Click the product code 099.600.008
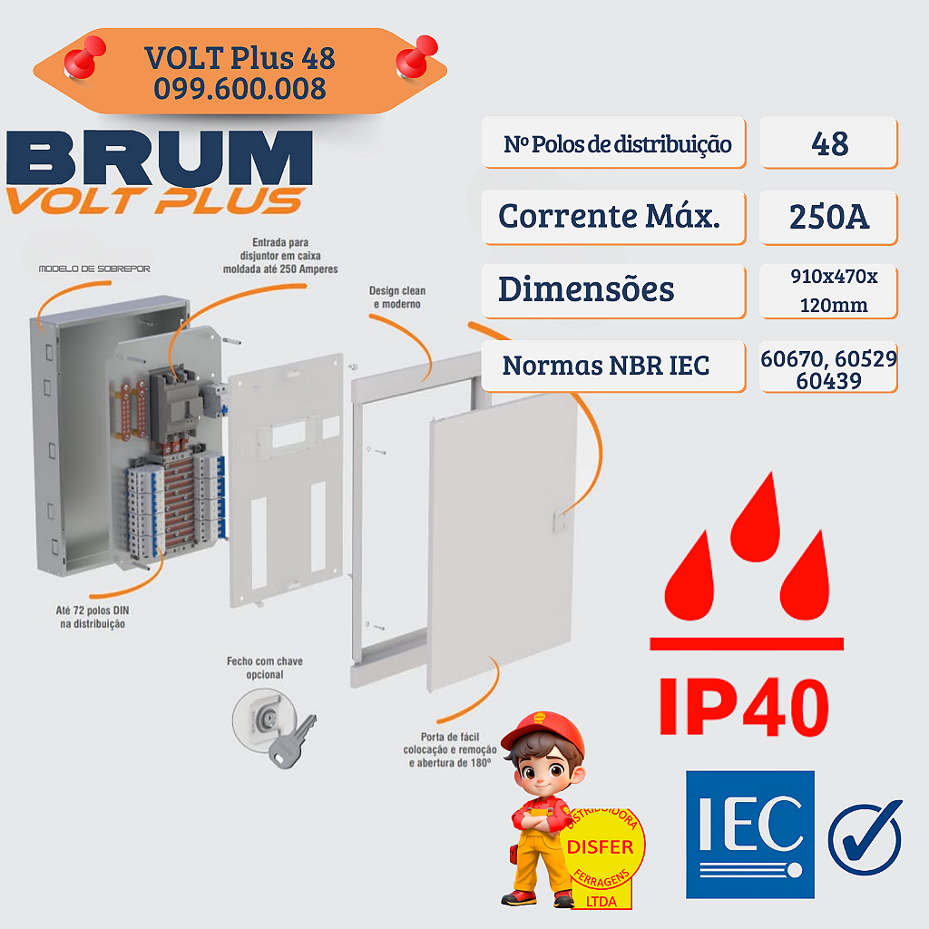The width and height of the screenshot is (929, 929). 240,88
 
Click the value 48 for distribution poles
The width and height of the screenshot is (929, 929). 827,143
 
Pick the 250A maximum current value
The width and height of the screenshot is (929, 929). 828,217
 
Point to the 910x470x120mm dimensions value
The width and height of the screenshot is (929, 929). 828,290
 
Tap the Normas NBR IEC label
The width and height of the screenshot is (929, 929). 606,366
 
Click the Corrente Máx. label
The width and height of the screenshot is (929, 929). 609,217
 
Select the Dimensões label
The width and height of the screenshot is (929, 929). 586,289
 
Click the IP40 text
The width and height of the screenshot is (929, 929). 744,704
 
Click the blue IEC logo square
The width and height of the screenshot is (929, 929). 749,834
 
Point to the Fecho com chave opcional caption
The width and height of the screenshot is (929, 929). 264,668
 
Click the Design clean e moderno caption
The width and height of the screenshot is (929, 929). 397,298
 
